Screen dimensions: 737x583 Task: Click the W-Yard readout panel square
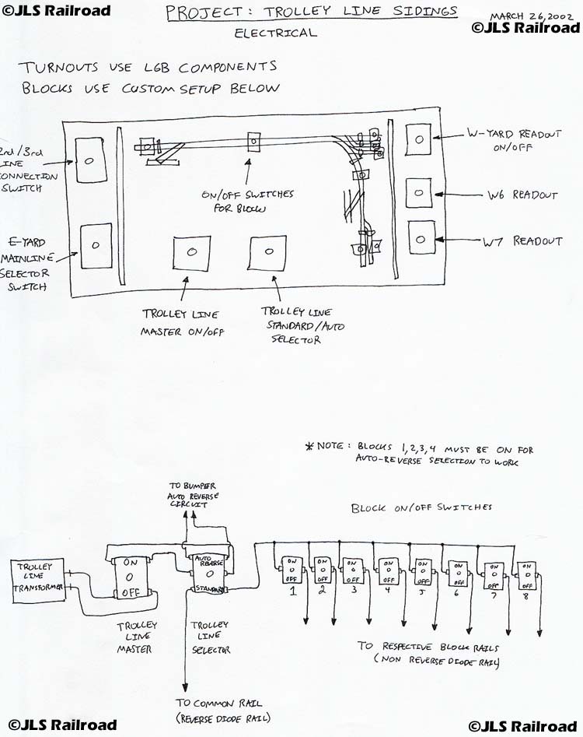(x=419, y=139)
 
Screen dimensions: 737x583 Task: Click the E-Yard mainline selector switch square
(x=96, y=245)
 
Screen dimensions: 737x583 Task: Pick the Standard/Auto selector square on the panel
(x=270, y=253)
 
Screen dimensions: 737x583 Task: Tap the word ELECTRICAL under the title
(x=276, y=33)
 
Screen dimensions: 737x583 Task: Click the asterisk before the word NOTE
(x=309, y=447)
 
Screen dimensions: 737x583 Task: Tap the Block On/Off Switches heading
(x=421, y=507)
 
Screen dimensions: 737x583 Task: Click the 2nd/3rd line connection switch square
(x=88, y=160)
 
